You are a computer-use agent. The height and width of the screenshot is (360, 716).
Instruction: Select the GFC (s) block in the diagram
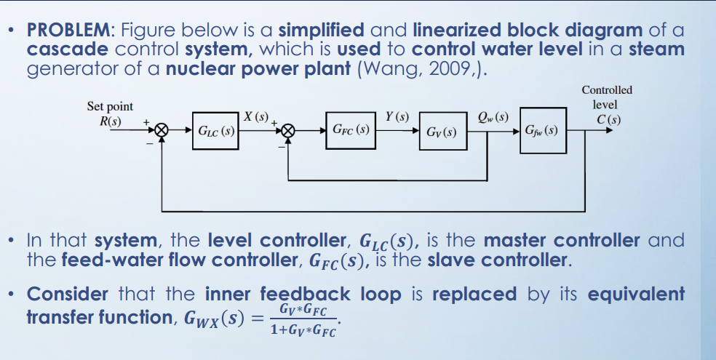pos(351,132)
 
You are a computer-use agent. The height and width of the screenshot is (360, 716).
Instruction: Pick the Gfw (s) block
pos(543,132)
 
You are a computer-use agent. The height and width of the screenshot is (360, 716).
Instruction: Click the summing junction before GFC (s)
pos(289,132)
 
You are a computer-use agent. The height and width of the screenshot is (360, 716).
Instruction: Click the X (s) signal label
pos(256,117)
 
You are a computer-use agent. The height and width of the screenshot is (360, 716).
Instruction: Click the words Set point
pos(110,106)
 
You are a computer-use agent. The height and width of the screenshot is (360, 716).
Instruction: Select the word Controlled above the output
pos(607,90)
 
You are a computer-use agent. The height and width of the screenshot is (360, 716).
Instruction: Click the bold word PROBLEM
pos(69,31)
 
